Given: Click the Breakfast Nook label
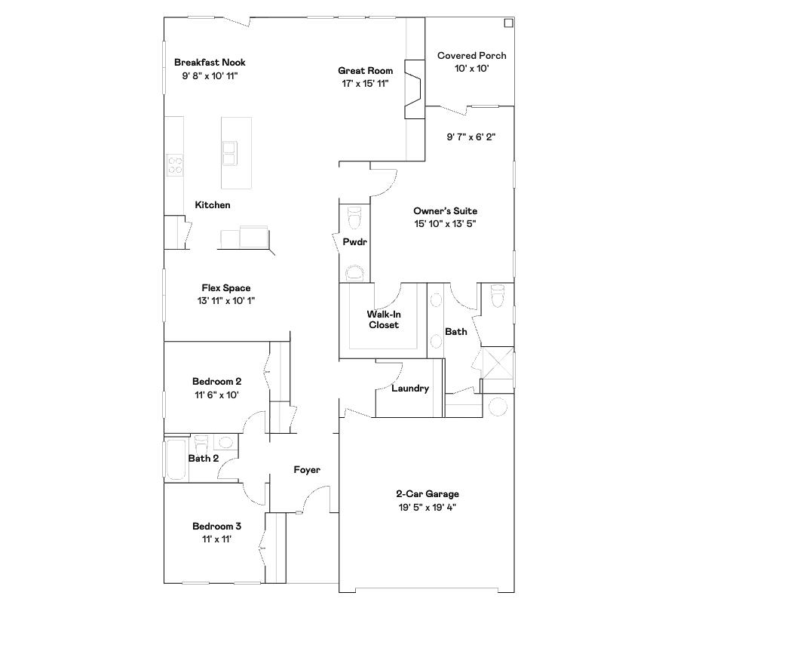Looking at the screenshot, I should pos(210,63).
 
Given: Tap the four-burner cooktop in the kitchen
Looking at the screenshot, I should pos(175,164).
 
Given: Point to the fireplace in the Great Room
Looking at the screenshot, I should pos(414,89).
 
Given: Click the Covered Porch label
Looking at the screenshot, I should pos(471,56).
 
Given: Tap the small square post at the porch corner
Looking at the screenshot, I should pos(508,23).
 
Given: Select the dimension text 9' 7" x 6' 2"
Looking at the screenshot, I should pos(470,137).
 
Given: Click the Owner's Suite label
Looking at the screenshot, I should pos(445,211).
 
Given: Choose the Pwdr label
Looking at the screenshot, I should pos(354,242).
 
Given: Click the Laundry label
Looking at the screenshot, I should pos(410,388).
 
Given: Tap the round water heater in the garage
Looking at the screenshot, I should pos(498,407).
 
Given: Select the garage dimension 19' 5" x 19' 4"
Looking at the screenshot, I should pos(428,507).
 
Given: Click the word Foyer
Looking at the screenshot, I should pos(307,470).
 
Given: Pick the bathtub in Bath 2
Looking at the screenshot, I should pos(176,459).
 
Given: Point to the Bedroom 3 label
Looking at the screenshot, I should pos(216,527).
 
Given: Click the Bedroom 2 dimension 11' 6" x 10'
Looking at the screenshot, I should pos(216,395).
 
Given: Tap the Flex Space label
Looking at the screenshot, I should pos(225,288).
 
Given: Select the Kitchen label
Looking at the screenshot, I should pos(213,205).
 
